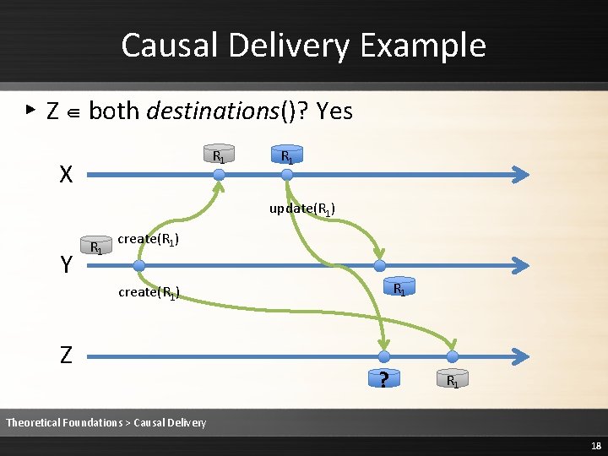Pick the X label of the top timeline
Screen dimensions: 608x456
click(66, 175)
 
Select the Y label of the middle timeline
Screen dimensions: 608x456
click(66, 265)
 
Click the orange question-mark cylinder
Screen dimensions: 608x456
click(384, 379)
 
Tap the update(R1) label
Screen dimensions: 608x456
click(302, 208)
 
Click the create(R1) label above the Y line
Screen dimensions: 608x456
click(149, 239)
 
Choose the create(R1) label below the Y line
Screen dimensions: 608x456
click(149, 292)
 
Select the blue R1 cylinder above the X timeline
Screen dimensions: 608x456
click(286, 155)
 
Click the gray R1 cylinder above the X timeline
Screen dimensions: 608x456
click(219, 155)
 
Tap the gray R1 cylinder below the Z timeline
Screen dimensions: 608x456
click(453, 380)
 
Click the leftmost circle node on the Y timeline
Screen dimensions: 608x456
click(139, 265)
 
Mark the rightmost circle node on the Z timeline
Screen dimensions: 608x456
click(452, 356)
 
